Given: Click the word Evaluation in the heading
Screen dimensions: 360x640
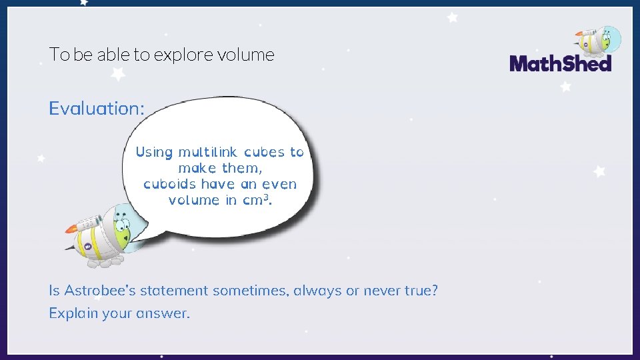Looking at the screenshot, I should (x=94, y=109).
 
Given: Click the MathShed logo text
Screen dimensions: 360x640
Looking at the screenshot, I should (x=560, y=63).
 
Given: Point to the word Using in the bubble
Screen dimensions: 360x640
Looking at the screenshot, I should (x=154, y=152).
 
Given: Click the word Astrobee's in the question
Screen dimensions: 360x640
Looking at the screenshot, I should (x=98, y=291).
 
